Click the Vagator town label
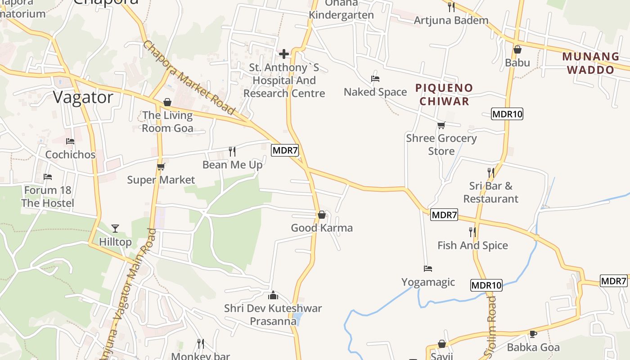(83, 97)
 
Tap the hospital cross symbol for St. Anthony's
(284, 54)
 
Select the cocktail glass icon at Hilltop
(115, 229)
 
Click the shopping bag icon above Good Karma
(322, 215)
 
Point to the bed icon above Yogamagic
(428, 269)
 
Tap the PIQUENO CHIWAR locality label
(444, 94)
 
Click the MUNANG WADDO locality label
(590, 63)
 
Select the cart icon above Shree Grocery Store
(441, 125)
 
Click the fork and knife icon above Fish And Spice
(472, 232)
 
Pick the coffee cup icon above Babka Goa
(533, 334)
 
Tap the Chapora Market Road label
(189, 77)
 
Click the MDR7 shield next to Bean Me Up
(285, 150)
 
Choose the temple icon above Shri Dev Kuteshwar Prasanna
(273, 295)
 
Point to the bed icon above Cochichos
(70, 141)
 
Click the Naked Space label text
(375, 92)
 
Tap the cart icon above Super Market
(161, 166)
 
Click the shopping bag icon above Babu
(517, 49)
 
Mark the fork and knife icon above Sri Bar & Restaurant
(490, 172)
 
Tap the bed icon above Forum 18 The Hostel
(48, 177)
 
